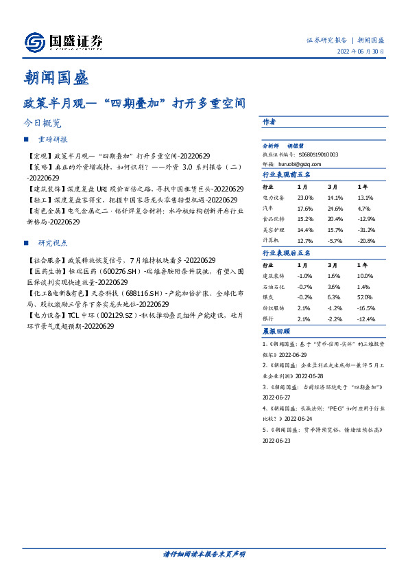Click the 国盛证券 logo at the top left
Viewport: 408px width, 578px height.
point(64,43)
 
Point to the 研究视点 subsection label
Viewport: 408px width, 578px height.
point(52,243)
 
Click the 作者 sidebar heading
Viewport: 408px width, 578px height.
point(269,122)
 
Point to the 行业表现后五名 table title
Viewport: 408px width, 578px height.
point(287,253)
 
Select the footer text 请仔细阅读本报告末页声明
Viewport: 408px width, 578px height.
point(204,553)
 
